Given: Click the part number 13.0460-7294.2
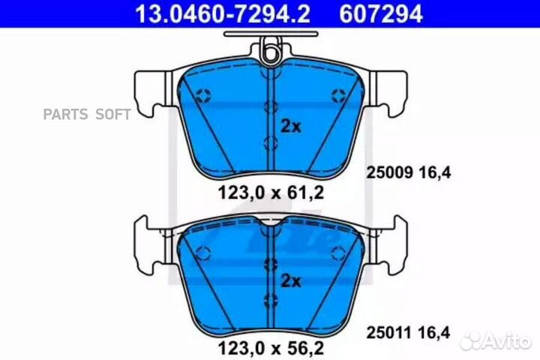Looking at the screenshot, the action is coord(223,14).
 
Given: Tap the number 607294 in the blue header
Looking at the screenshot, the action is coord(381,14).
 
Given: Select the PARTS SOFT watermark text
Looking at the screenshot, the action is coord(87,114).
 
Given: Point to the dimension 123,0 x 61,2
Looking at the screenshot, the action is coord(271,193).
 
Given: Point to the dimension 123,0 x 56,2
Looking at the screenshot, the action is coord(271,348).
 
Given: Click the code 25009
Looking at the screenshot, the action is coord(389,172).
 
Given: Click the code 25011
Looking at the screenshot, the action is coord(389,333).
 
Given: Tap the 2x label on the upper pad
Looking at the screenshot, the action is coord(291,127).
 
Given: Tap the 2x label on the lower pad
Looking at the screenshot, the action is coord(291,281).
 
